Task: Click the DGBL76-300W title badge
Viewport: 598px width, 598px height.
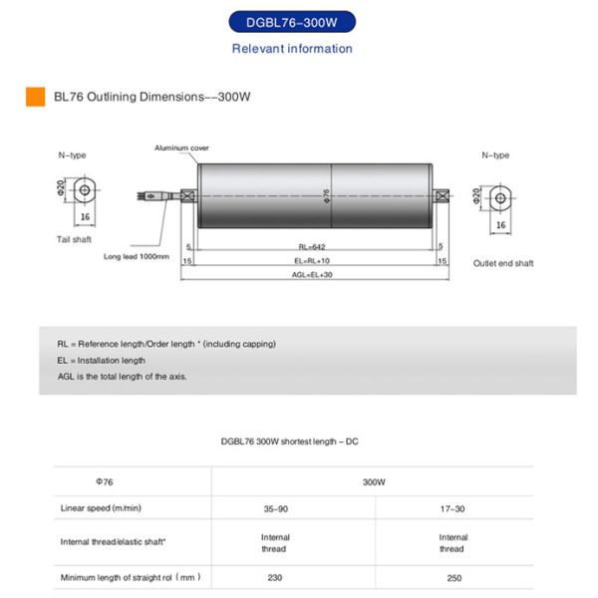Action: click(292, 22)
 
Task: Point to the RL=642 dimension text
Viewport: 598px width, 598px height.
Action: click(312, 245)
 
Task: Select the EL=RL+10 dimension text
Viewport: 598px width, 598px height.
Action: click(312, 260)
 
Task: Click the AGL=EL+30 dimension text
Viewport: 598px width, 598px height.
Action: click(312, 275)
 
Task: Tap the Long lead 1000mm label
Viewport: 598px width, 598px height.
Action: click(137, 256)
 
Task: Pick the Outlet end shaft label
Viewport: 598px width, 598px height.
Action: click(503, 263)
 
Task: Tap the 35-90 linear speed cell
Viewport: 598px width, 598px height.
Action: click(275, 508)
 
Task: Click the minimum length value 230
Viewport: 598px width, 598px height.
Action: click(275, 577)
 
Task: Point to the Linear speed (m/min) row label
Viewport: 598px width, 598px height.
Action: click(101, 508)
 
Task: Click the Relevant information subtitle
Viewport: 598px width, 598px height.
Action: click(292, 49)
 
